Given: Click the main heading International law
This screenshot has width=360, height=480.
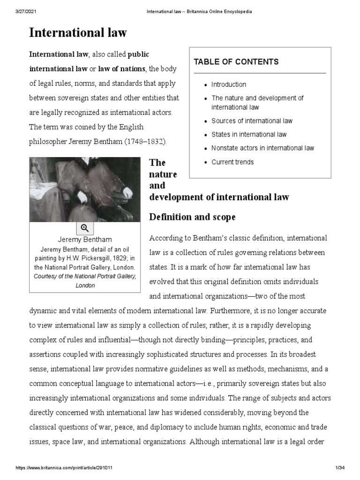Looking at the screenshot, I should point(78,33).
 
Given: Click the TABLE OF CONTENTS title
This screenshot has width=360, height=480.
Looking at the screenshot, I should point(236,62).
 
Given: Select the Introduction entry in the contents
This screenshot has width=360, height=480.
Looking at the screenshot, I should point(228,84).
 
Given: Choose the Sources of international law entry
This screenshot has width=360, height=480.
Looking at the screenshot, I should point(252,121).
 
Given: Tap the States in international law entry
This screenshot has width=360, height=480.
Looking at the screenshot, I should point(248,135).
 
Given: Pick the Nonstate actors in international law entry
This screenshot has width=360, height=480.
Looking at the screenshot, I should point(262,148).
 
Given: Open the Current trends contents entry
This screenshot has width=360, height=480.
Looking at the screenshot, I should point(232,162).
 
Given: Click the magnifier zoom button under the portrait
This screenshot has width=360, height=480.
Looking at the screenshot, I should point(85,228).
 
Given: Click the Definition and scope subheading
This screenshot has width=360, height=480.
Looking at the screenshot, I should point(192,217).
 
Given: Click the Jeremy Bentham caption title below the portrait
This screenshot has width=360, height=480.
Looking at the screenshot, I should point(84,240).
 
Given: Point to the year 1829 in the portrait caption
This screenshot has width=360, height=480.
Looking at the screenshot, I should point(119,258).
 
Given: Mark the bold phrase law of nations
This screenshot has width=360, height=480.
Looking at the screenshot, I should point(121,69).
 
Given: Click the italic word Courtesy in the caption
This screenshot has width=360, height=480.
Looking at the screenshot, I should point(49,276).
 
